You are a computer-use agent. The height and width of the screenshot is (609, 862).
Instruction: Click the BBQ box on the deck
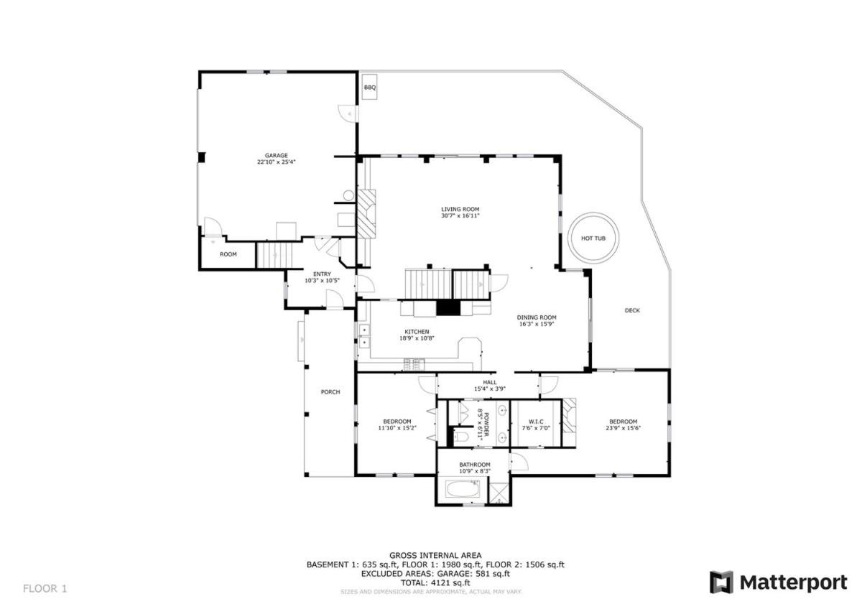point(369,88)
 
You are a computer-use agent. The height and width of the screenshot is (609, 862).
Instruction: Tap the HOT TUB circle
point(593,213)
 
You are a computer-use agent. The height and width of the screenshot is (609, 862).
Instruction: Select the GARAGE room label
point(277,155)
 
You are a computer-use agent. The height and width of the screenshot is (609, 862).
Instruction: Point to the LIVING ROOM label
point(460,209)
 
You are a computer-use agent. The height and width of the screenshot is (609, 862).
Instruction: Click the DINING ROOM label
point(537,317)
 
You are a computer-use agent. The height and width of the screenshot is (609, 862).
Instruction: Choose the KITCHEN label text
point(417,332)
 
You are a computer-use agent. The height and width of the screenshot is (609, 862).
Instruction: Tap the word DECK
point(632,310)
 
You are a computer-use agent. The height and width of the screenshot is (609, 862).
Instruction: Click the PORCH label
point(330,392)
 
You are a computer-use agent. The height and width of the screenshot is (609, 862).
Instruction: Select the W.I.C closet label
point(536,422)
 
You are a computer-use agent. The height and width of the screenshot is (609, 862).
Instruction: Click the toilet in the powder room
point(460,437)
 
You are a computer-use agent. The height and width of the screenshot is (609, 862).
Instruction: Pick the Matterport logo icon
point(721,582)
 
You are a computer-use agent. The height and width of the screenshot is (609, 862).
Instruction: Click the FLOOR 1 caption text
point(45,588)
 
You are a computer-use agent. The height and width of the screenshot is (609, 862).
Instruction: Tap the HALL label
point(490,382)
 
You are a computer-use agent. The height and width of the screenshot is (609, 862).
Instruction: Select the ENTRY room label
point(322,274)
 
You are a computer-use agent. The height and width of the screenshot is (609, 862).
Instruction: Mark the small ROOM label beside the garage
point(228,254)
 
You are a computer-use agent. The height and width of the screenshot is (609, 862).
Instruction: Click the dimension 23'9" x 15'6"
point(623,428)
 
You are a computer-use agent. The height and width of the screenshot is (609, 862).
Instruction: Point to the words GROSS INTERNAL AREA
point(435,555)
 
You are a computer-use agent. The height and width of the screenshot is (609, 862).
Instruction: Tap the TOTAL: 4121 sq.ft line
point(435,583)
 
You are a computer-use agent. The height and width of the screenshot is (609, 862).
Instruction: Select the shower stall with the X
point(499,493)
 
